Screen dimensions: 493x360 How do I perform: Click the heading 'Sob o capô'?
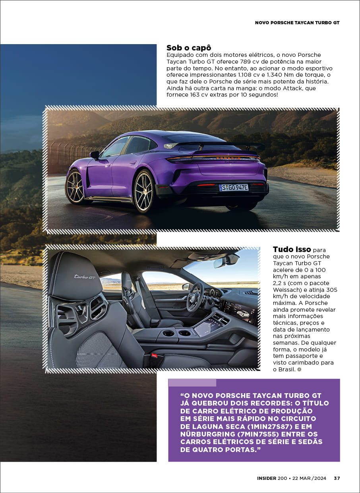tap(188, 48)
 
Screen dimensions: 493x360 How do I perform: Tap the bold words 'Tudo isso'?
tap(292, 250)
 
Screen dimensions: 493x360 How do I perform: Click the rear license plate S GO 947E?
tap(234, 187)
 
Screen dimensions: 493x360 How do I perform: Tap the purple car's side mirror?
tap(94, 155)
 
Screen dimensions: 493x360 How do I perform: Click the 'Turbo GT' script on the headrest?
tap(85, 277)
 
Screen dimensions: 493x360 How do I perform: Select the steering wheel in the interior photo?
tap(195, 296)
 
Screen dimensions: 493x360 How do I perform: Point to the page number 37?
tap(337, 478)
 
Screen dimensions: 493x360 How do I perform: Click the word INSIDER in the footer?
tap(266, 478)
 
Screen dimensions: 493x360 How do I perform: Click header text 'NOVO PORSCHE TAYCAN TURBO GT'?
tap(297, 23)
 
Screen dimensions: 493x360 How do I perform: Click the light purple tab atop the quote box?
tap(192, 382)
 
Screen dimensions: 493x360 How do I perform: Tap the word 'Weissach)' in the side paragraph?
tap(286, 289)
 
